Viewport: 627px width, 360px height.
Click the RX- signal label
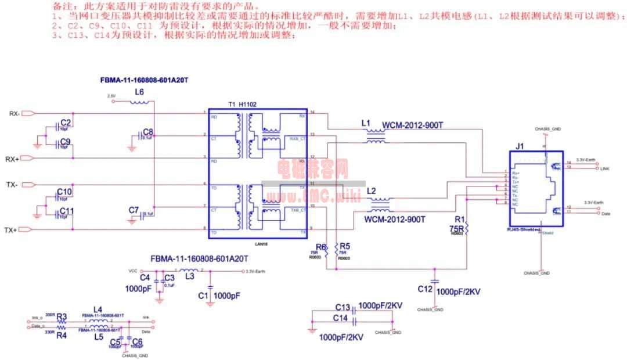point(15,114)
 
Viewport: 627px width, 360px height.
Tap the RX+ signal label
point(13,159)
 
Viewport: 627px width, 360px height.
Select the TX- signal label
point(12,185)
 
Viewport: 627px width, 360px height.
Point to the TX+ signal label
point(11,230)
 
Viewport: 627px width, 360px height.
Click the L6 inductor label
point(139,92)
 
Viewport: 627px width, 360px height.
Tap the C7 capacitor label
point(134,210)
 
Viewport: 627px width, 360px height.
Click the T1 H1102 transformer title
point(243,103)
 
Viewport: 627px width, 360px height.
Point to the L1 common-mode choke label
point(365,124)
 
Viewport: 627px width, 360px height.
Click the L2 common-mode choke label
point(372,191)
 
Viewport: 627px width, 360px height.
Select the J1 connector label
point(520,146)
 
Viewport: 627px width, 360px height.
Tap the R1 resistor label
point(460,219)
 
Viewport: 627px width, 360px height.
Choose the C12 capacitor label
point(425,288)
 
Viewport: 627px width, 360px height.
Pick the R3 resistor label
point(62,317)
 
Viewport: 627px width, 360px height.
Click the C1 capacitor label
point(203,296)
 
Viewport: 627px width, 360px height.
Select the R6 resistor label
point(321,246)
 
